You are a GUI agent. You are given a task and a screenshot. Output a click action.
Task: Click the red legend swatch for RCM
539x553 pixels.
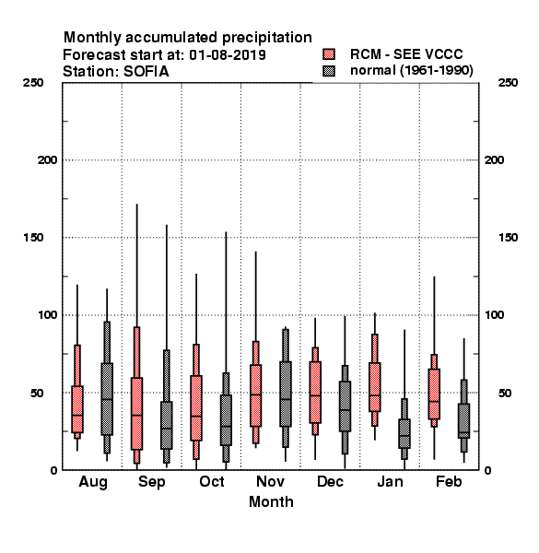click(329, 54)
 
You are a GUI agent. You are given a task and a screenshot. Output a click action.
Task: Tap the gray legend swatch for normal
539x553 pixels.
click(329, 71)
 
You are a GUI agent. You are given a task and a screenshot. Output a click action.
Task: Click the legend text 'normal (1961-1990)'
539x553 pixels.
click(411, 71)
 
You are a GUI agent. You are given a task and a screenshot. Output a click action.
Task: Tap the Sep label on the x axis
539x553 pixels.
click(152, 482)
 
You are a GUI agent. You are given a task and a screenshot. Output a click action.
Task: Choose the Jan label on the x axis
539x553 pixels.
click(390, 481)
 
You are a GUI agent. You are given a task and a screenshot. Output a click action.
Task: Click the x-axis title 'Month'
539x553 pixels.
click(271, 502)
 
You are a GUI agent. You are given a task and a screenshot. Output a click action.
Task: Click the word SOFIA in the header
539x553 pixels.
click(146, 72)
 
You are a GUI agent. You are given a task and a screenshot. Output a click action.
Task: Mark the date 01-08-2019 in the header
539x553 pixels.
click(228, 55)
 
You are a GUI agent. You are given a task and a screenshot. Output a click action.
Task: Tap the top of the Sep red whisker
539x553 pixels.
click(136, 205)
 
